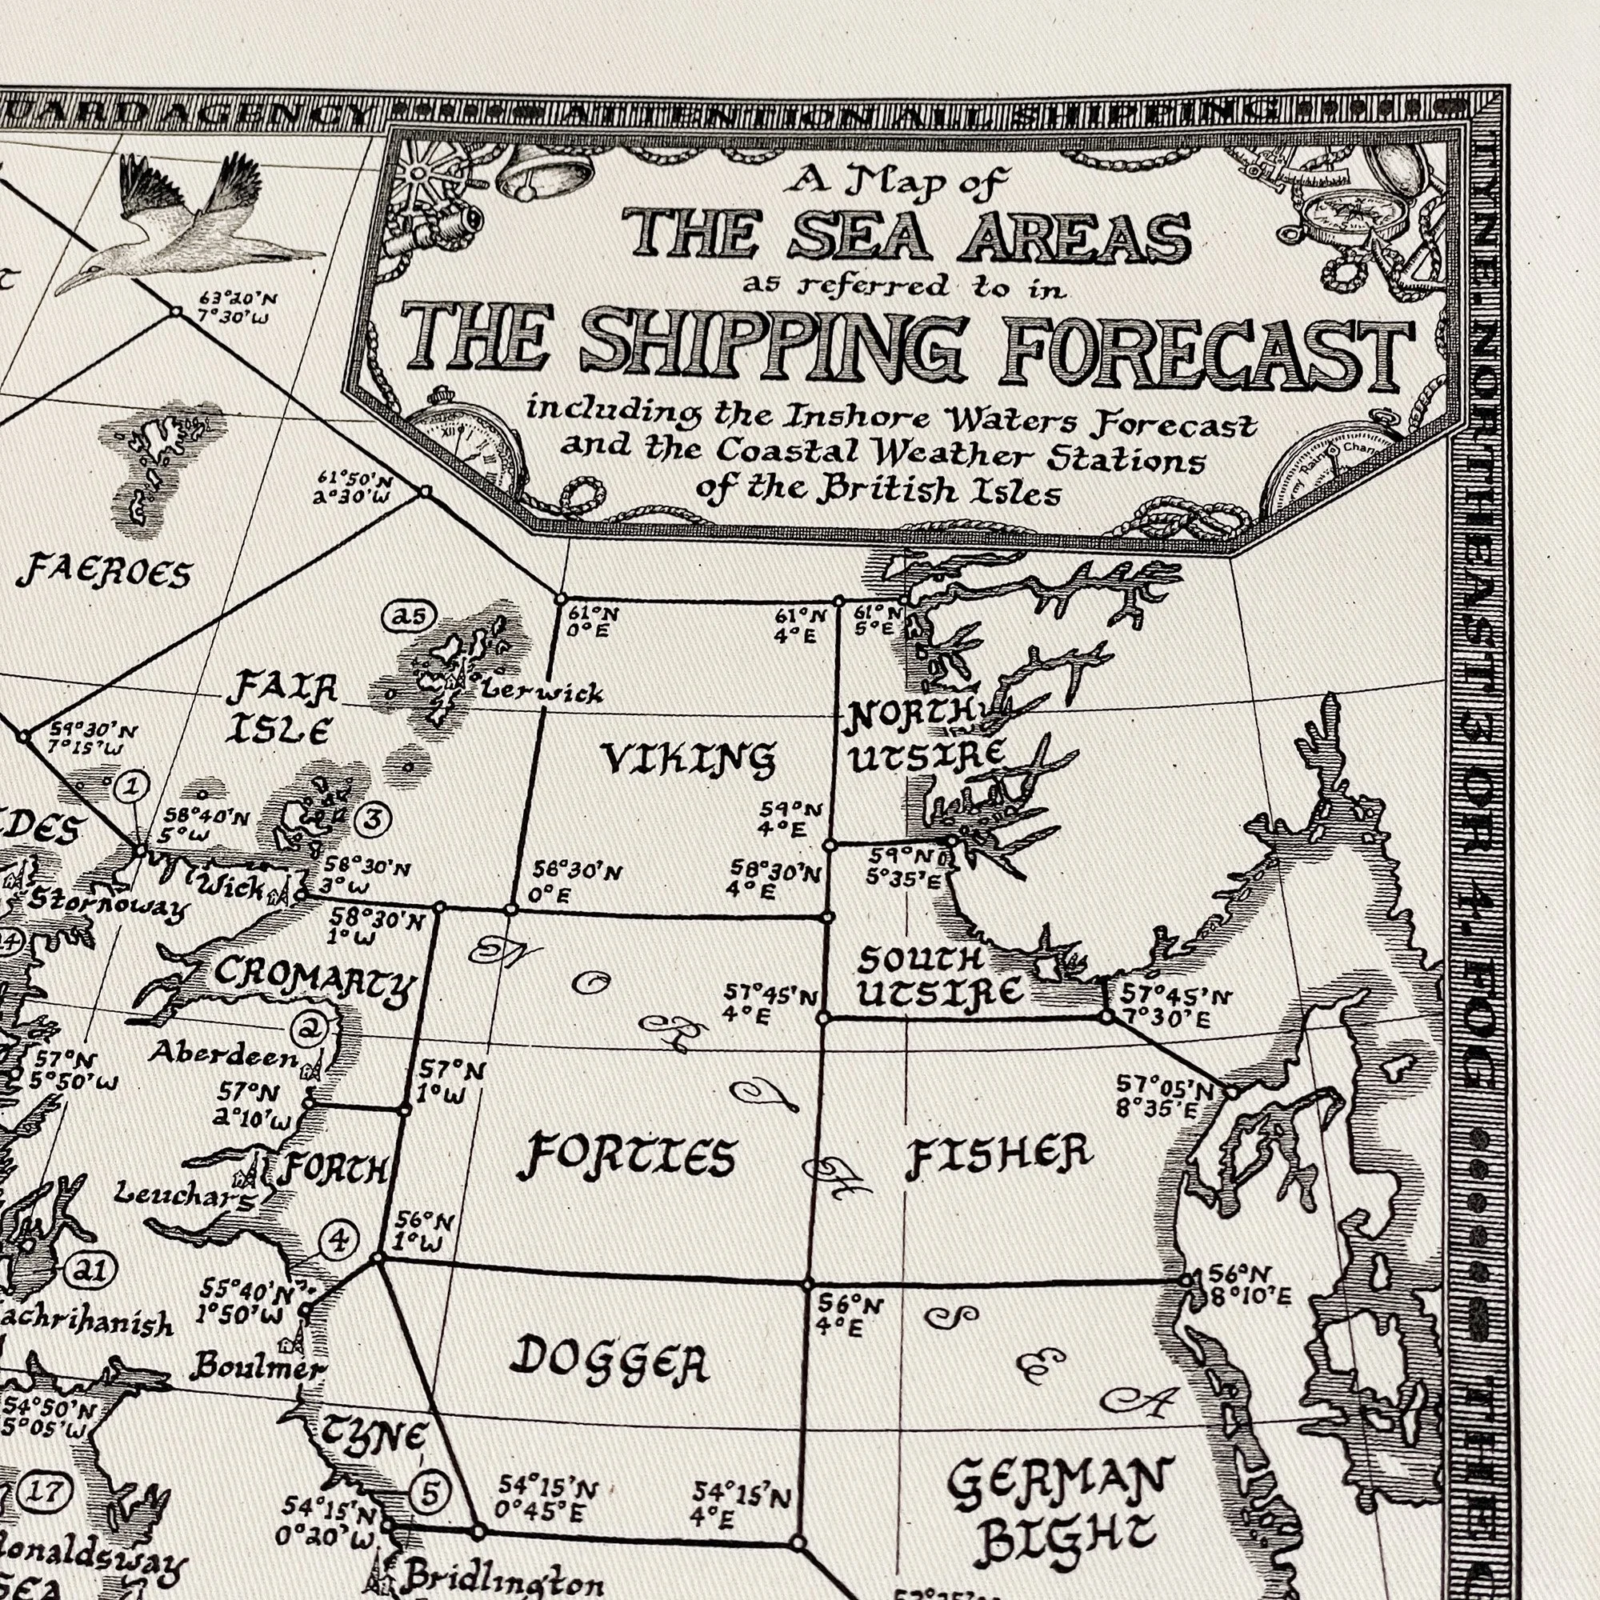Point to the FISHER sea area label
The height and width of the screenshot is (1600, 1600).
(998, 1154)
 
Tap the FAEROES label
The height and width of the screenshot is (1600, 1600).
(103, 572)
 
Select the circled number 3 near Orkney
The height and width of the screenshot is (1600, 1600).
(371, 819)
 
